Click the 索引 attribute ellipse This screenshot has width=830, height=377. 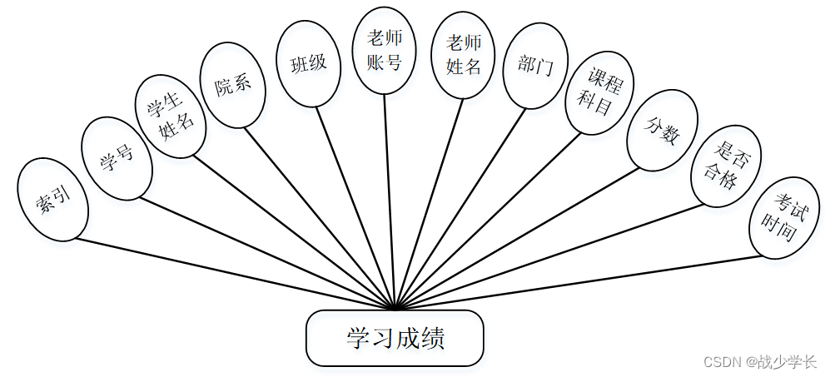pos(52,199)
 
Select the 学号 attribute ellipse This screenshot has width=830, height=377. pos(117,158)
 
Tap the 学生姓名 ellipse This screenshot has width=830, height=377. pos(170,116)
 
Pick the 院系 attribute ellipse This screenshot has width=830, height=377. pos(232,86)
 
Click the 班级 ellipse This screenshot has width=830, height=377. pos(308,64)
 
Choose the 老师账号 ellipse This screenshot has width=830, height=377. pos(384,50)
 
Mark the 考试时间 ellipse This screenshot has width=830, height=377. pos(784,217)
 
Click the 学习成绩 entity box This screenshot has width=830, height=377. pos(395,338)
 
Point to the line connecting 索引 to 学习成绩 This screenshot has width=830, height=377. pos(233,275)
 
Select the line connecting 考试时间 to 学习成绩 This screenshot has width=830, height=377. pos(583,282)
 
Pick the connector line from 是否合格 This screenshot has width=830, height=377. pos(549,255)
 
